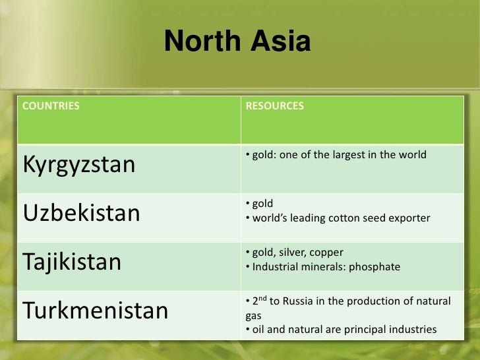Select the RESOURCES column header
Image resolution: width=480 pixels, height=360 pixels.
coord(274,105)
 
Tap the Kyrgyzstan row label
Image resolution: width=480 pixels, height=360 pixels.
coord(79,164)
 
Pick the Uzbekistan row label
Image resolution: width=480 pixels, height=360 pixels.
coord(82,213)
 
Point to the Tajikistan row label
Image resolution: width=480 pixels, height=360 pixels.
coord(73,262)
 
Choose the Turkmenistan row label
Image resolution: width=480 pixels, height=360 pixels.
coord(96,310)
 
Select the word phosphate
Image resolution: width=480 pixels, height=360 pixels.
coord(376,267)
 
